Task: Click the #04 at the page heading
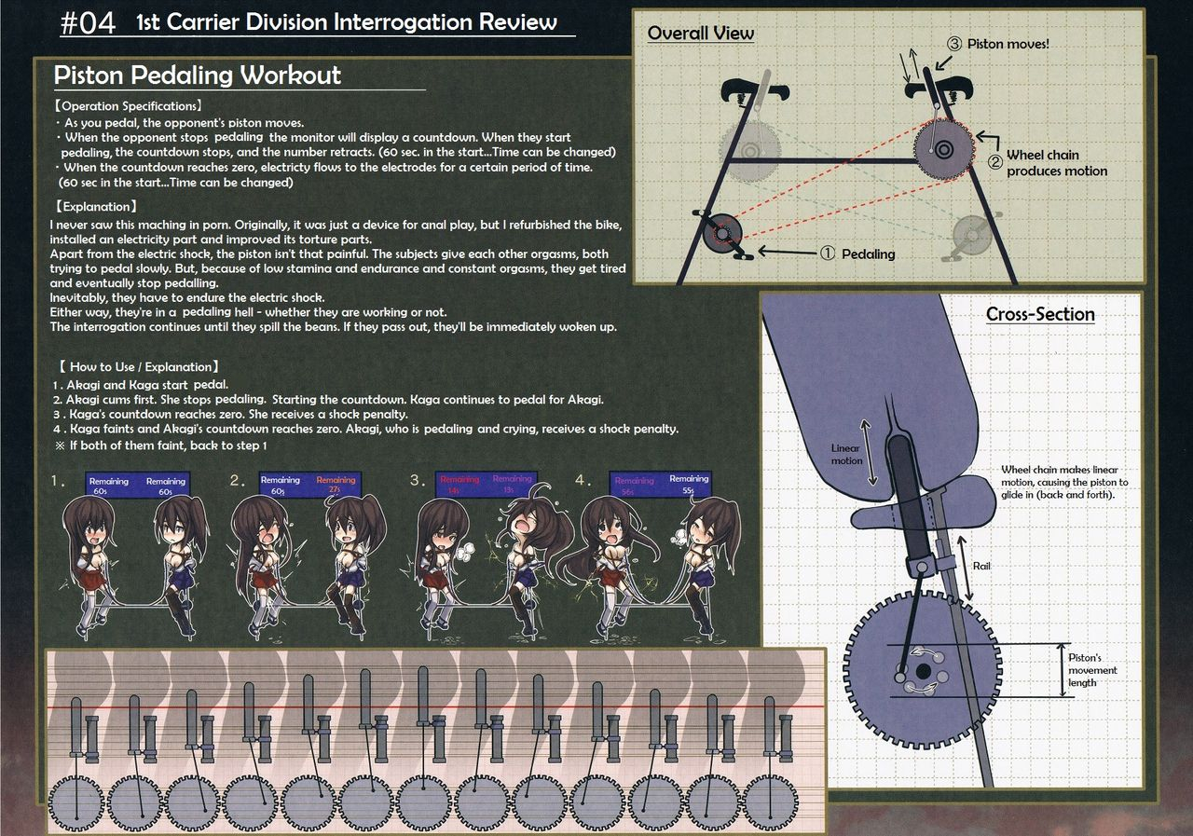click(89, 23)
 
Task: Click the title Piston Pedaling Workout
click(197, 75)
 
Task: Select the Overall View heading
click(700, 34)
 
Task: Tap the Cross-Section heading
click(1040, 314)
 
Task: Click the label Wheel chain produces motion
click(1056, 163)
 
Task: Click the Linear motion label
click(845, 455)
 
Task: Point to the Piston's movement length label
click(1092, 670)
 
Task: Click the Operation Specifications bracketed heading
click(128, 106)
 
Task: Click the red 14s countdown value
click(454, 490)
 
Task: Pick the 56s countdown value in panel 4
click(629, 490)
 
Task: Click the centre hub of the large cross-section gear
click(922, 671)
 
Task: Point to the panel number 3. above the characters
click(416, 482)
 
